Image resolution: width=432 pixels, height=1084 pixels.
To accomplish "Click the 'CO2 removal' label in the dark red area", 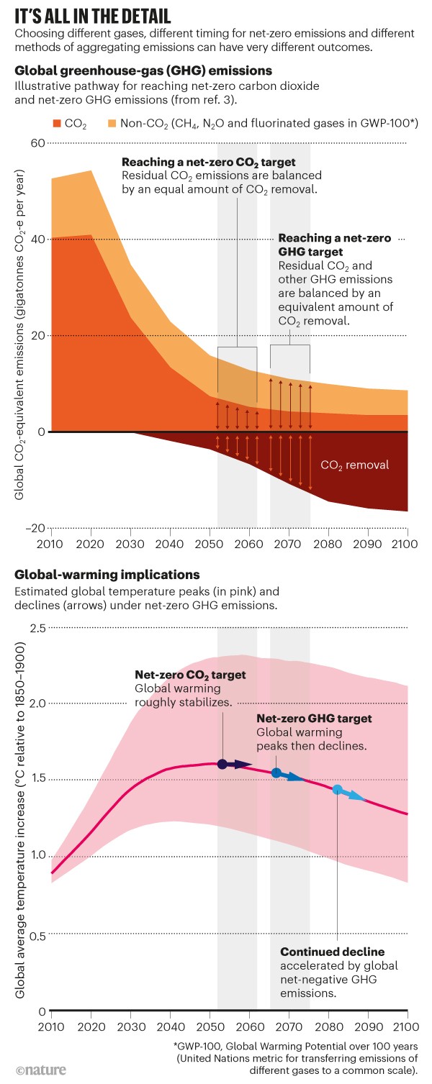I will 354,465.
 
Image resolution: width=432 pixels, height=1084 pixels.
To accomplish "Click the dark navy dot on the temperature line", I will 222,764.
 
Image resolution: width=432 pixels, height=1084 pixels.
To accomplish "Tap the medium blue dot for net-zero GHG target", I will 276,773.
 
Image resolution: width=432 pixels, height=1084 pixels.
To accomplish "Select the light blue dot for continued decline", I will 337,790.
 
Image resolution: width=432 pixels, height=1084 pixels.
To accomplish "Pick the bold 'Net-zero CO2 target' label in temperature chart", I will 190,675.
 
